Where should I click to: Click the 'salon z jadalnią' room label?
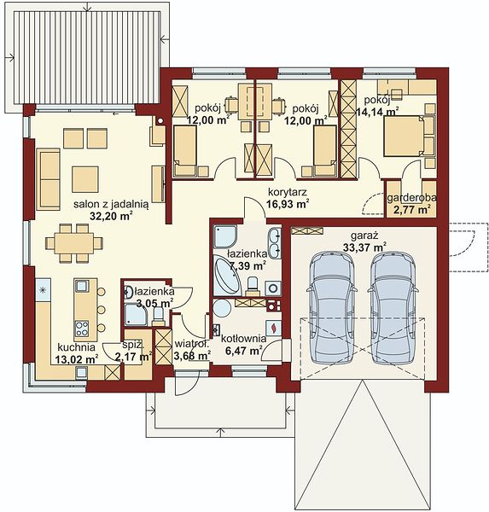tap(111, 205)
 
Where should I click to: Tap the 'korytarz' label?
tap(288, 192)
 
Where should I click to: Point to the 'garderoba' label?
tap(411, 198)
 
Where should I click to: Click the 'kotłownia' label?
tap(244, 339)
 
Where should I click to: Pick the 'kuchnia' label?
tap(77, 346)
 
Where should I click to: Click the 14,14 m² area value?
tap(377, 112)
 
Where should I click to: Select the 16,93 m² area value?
tap(288, 205)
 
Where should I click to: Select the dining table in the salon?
tap(74, 243)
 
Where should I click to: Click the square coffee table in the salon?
tap(85, 179)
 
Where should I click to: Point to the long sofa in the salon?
tap(49, 179)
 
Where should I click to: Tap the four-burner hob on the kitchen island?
tap(81, 329)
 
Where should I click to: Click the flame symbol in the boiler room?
tap(274, 328)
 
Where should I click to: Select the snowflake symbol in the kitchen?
tap(42, 289)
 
